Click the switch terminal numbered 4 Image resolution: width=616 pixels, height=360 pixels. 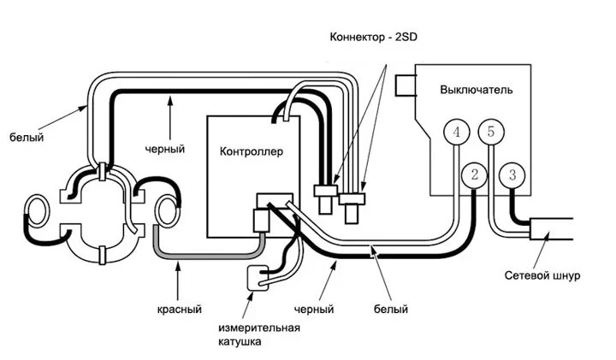click(457, 132)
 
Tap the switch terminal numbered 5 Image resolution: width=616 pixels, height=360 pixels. click(491, 132)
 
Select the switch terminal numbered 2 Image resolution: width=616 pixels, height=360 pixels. click(474, 174)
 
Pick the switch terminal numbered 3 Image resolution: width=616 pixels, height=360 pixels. click(512, 175)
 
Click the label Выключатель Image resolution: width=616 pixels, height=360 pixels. click(477, 90)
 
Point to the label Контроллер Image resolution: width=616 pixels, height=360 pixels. click(251, 151)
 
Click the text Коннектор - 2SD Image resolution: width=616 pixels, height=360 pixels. click(373, 38)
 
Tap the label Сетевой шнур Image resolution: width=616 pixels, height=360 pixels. click(542, 275)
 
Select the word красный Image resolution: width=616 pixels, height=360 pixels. click(180, 310)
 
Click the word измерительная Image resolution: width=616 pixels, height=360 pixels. click(259, 328)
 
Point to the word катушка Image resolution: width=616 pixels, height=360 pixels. click(240, 341)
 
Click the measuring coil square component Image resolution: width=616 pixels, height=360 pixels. click(258, 278)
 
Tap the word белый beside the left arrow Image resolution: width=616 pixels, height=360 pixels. click(27, 138)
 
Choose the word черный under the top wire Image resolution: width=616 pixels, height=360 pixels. click(165, 149)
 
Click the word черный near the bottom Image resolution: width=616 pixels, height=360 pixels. click(314, 310)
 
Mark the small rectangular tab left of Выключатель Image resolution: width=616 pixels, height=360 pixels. click(406, 86)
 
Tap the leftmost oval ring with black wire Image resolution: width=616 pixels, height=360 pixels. click(37, 211)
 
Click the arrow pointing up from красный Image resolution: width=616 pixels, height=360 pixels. click(178, 282)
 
